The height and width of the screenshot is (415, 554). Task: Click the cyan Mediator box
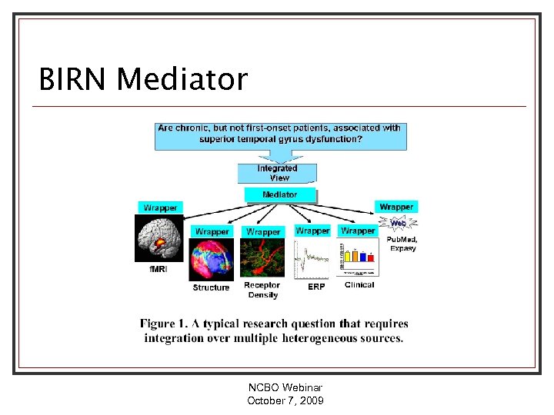click(x=280, y=194)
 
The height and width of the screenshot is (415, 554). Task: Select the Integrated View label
click(x=278, y=173)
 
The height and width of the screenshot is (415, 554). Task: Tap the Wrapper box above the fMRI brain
click(x=161, y=207)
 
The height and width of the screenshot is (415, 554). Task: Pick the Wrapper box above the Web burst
click(x=396, y=207)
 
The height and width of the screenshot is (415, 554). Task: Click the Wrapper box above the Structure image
click(x=212, y=231)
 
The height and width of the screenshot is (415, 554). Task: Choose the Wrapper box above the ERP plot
click(x=312, y=231)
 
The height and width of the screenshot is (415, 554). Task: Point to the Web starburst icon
click(x=398, y=224)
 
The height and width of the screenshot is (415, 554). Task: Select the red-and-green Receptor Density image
click(x=262, y=258)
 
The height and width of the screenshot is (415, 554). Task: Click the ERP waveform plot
click(x=313, y=259)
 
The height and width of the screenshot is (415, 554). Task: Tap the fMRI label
click(x=158, y=270)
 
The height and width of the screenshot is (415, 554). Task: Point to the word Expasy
click(x=402, y=248)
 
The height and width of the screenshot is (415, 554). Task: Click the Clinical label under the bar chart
click(x=359, y=285)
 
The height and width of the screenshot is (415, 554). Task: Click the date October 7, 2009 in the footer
click(x=285, y=401)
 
